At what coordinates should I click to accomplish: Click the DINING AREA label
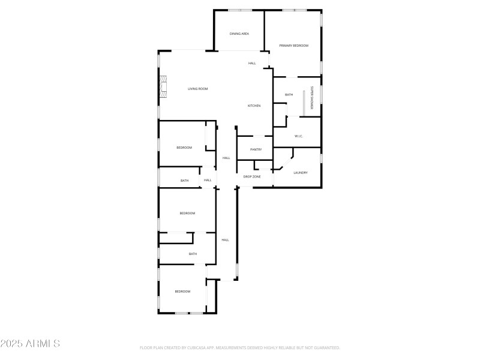click(239, 34)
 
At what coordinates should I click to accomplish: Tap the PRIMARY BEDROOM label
click(293, 46)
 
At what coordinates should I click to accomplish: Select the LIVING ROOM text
click(197, 89)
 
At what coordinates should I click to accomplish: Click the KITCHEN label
click(254, 106)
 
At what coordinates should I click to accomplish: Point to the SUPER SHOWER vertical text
click(312, 98)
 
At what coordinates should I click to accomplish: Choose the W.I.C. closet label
click(299, 136)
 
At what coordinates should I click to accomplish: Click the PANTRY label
click(256, 149)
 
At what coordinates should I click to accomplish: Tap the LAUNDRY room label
click(301, 173)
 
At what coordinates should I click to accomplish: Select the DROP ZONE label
click(251, 177)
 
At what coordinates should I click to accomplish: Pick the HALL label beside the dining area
click(252, 63)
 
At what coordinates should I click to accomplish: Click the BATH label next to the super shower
click(289, 95)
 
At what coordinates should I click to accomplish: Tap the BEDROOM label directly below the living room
click(184, 148)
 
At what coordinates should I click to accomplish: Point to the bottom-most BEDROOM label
click(182, 292)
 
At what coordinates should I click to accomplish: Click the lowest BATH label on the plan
click(193, 254)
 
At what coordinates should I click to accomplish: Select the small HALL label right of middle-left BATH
click(208, 180)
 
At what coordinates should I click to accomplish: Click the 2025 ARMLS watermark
click(30, 344)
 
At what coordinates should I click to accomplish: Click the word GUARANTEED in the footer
click(327, 347)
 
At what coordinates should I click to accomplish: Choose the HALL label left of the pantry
click(226, 158)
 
